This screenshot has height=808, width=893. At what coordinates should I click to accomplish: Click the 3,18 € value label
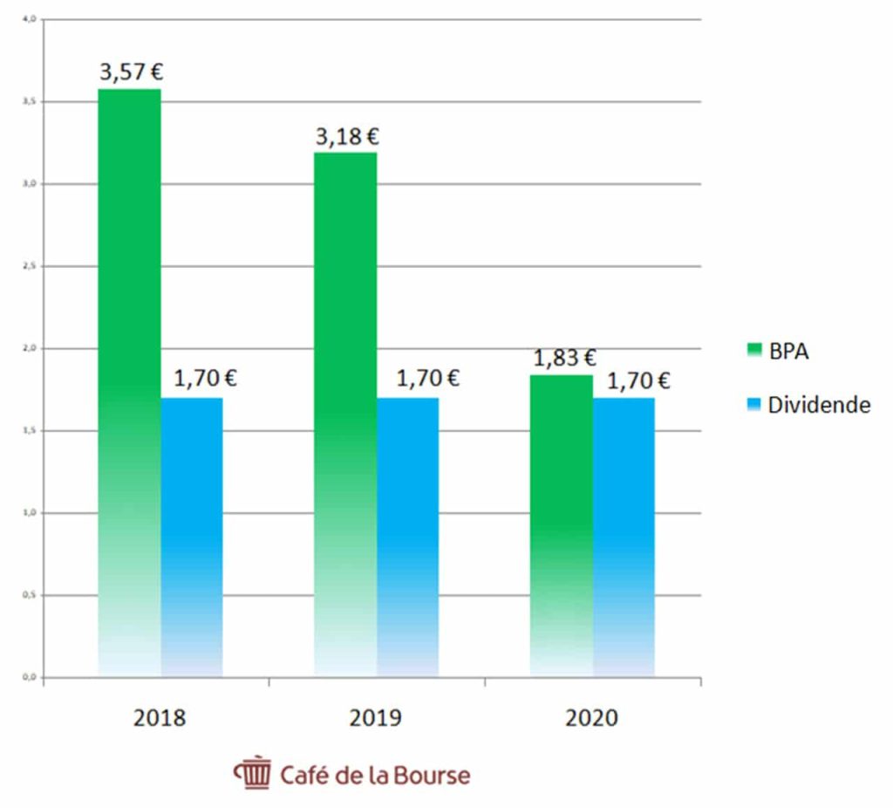coord(347,137)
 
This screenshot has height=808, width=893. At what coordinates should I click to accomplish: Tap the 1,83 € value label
coord(564,358)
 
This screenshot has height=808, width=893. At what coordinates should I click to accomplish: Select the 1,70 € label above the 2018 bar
coord(206,379)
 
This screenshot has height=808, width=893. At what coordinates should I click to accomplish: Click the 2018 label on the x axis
coord(160,718)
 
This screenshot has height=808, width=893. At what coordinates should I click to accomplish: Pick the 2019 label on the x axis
coord(376,718)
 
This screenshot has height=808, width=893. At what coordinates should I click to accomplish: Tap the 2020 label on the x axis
coord(591,718)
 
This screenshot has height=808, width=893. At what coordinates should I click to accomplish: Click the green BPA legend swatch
coord(754,351)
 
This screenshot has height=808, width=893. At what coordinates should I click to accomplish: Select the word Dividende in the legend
coord(819,405)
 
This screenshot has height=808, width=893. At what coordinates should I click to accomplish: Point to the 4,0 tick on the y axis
coord(29,19)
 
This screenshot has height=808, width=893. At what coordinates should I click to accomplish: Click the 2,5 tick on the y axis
coord(29,266)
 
